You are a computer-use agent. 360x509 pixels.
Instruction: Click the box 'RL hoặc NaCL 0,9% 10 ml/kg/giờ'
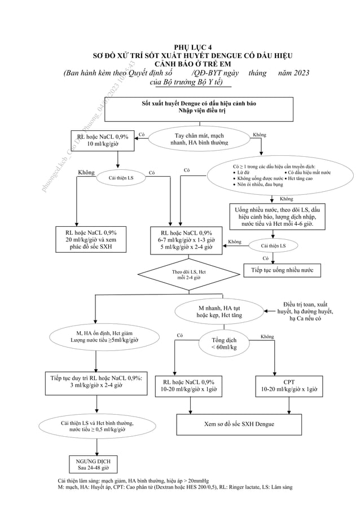click(102, 141)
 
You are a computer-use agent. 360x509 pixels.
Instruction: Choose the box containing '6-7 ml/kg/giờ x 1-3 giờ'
click(186, 240)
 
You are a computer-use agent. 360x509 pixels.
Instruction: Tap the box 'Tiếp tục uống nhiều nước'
click(282, 270)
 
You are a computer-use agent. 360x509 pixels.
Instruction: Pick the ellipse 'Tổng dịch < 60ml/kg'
click(223, 344)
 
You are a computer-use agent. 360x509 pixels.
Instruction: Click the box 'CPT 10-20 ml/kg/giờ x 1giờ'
click(289, 386)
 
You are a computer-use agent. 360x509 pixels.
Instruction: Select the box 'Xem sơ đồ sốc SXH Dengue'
click(239, 424)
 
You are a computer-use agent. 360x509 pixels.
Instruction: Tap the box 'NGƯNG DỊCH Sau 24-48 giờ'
click(96, 464)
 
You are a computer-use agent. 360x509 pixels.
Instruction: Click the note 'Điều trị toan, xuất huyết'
click(305, 311)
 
